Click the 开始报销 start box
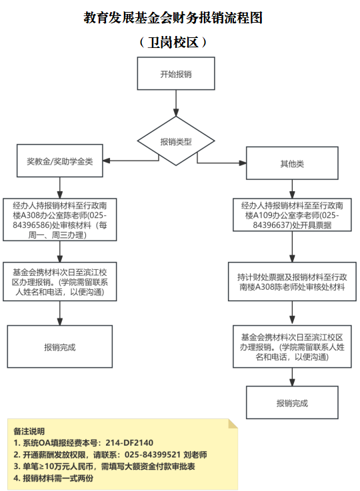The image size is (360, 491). click(x=176, y=73)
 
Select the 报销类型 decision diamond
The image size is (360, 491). click(x=176, y=141)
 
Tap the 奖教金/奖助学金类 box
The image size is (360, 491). click(x=59, y=161)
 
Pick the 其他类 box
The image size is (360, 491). click(x=292, y=163)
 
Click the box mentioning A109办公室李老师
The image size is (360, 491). click(x=292, y=215)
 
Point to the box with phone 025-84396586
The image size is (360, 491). click(x=59, y=219)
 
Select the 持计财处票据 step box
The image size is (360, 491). click(x=292, y=282)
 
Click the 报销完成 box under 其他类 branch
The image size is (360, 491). click(x=292, y=402)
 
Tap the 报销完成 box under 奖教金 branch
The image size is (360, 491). click(x=59, y=346)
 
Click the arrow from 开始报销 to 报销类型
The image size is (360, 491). click(x=176, y=103)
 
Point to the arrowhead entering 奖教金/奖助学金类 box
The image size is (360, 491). click(x=107, y=161)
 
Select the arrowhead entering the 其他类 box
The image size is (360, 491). click(x=243, y=163)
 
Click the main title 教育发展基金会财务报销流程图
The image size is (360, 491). click(x=173, y=17)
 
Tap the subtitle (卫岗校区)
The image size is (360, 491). click(x=173, y=42)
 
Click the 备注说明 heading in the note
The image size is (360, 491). click(x=29, y=431)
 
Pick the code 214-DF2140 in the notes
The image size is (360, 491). click(x=129, y=443)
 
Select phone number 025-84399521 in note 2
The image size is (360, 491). click(x=153, y=454)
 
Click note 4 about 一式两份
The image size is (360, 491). click(x=53, y=478)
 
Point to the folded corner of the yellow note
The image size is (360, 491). click(x=233, y=424)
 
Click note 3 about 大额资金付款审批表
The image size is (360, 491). click(x=105, y=466)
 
